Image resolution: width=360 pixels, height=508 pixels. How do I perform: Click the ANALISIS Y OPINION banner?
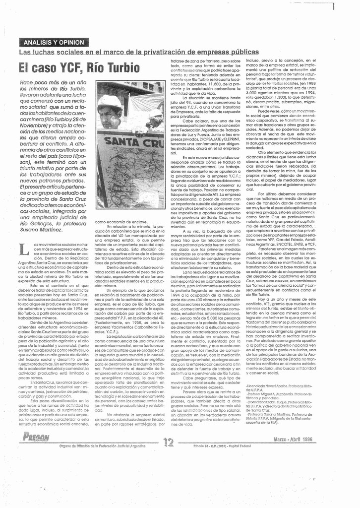coord(54,43)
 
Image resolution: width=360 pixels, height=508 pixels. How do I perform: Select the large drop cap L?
coord(24,250)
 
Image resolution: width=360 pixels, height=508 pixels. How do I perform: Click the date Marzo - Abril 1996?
coord(293,439)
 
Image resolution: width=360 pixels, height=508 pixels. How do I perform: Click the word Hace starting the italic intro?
coord(26,82)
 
